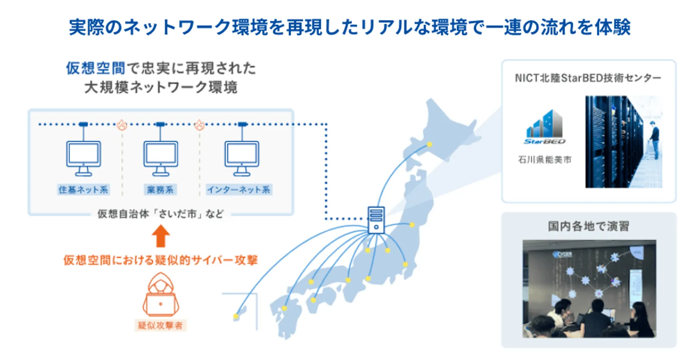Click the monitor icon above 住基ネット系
pyautogui.click(x=83, y=158)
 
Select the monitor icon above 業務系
pyautogui.click(x=160, y=158)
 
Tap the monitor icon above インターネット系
pyautogui.click(x=242, y=158)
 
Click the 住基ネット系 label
pyautogui.click(x=83, y=189)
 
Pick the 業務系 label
pyautogui.click(x=160, y=189)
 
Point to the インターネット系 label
pyautogui.click(x=239, y=189)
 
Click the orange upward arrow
pyautogui.click(x=160, y=236)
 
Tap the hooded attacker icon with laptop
pyautogui.click(x=160, y=294)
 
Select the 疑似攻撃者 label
pyautogui.click(x=160, y=325)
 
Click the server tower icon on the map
pyautogui.click(x=376, y=220)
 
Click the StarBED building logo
pyautogui.click(x=544, y=127)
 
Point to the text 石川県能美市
pyautogui.click(x=544, y=160)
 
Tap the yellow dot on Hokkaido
pyautogui.click(x=430, y=144)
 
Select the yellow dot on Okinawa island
pyautogui.click(x=236, y=316)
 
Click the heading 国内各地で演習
pyautogui.click(x=588, y=226)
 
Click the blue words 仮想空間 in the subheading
pyautogui.click(x=95, y=68)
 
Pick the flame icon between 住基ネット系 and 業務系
pyautogui.click(x=122, y=125)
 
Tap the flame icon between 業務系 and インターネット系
pyautogui.click(x=200, y=125)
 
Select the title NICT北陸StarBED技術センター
pyautogui.click(x=588, y=78)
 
